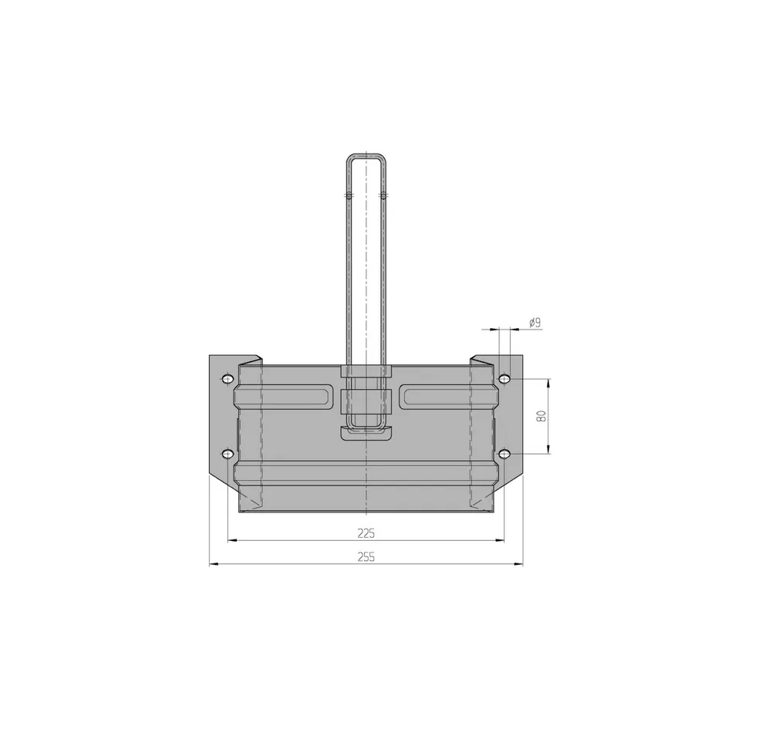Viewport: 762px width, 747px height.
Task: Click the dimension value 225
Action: click(x=366, y=533)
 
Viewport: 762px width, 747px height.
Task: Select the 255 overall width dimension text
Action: click(x=366, y=557)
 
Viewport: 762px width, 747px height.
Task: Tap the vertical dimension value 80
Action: click(x=542, y=416)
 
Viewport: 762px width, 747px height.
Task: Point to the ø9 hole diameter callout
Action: click(x=534, y=323)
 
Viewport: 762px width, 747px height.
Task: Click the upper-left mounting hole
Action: click(x=227, y=378)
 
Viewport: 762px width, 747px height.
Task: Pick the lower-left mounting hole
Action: click(x=227, y=455)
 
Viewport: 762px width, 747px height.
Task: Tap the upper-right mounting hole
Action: click(x=505, y=378)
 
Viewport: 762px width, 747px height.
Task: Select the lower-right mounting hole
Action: click(x=505, y=455)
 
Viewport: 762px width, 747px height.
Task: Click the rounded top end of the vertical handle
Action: click(x=366, y=157)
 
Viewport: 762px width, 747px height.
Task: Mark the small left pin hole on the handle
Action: click(x=349, y=195)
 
